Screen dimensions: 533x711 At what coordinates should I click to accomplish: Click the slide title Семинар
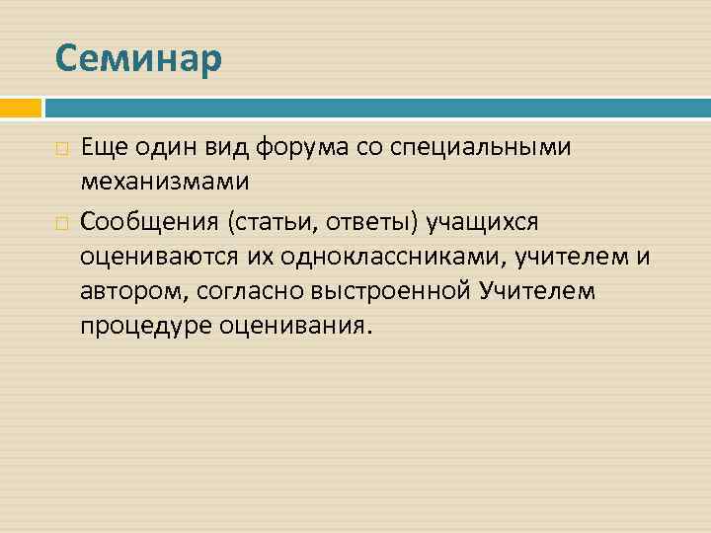coord(139,58)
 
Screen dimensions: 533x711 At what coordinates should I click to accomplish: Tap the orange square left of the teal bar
coord(20,107)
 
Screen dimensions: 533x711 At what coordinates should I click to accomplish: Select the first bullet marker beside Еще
coord(61,148)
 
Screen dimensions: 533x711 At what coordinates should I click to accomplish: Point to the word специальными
coord(483,147)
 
